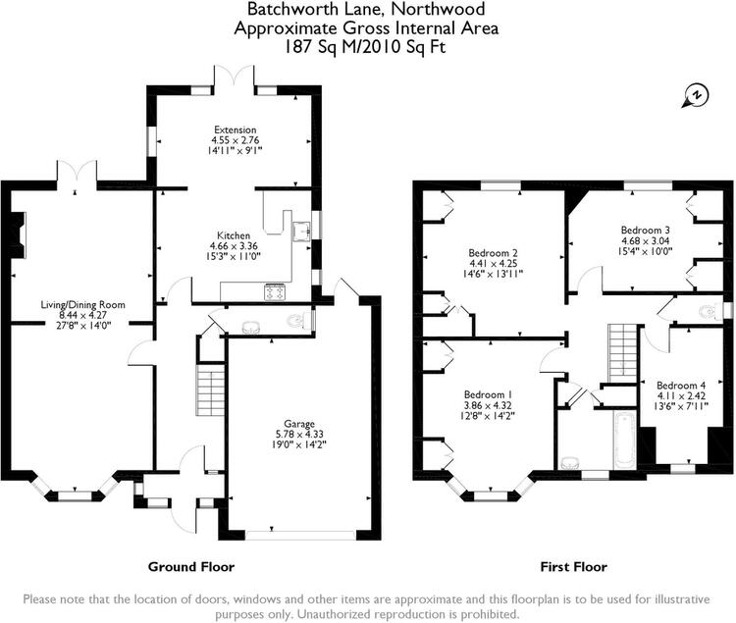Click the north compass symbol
pyautogui.click(x=696, y=96)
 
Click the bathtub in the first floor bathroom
pyautogui.click(x=625, y=441)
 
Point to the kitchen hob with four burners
pyautogui.click(x=275, y=291)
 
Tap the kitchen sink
pyautogui.click(x=301, y=231)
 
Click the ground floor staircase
pyautogui.click(x=212, y=389)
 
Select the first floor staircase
pyautogui.click(x=623, y=353)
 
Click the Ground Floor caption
pyautogui.click(x=191, y=567)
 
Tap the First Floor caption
pyautogui.click(x=574, y=567)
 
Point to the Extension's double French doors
pyautogui.click(x=235, y=76)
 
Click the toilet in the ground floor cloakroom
pyautogui.click(x=296, y=321)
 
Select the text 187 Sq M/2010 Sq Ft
pyautogui.click(x=366, y=47)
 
